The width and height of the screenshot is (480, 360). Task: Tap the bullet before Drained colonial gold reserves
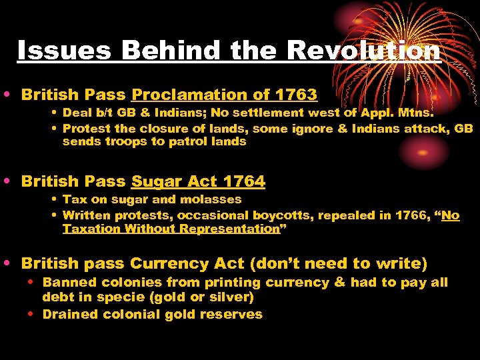pos(33,314)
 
